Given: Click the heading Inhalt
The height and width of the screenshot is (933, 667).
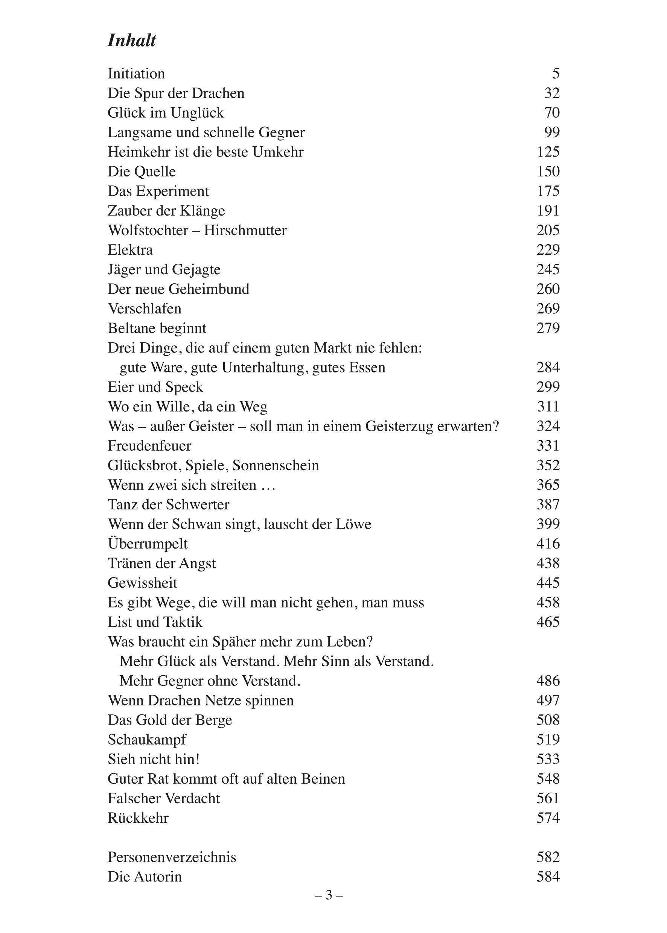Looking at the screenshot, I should coord(132,41).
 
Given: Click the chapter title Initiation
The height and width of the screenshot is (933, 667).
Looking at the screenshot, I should coord(136,74).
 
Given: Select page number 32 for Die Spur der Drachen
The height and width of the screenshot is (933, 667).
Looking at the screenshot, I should coord(551,94).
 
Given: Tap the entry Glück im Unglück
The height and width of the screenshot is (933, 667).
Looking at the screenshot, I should coord(166,113).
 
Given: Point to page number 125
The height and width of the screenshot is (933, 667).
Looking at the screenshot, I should coord(548,152).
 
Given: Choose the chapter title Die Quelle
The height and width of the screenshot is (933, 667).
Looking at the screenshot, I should coord(142,172).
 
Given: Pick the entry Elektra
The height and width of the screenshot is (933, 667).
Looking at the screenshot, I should coord(130,250).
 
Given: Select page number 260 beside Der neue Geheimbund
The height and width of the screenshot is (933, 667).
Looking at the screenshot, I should coord(548,289).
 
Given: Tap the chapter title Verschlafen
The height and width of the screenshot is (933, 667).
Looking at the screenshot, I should coord(145,308).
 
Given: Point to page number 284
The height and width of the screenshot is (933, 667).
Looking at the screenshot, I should coord(548,368).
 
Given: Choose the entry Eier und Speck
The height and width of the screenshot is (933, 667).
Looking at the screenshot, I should coord(155,387).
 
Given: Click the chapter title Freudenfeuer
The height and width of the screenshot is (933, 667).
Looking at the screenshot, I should coord(149,446).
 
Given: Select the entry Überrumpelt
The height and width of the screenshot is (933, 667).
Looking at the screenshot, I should coord(148,544).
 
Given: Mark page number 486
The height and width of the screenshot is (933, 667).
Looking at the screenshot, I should coord(548,681).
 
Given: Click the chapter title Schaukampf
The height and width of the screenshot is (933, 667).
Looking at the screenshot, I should coord(147,740).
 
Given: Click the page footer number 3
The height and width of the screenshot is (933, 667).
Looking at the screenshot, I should coord(329,895).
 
